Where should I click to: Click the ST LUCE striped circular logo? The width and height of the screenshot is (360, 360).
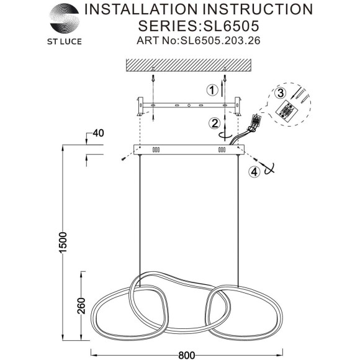pos(65,19)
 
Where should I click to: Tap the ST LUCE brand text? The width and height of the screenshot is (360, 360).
pos(65,42)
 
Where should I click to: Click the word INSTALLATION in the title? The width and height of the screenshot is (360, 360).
pos(141,9)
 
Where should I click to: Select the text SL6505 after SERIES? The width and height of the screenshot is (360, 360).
pos(231,25)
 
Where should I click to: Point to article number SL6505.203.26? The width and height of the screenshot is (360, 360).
pos(220,40)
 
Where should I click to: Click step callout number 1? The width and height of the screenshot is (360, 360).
pos(212,90)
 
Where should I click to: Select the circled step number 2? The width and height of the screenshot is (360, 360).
pos(214,124)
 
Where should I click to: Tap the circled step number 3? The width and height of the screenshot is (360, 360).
pos(281,94)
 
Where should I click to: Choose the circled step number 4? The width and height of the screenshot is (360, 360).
pos(254,172)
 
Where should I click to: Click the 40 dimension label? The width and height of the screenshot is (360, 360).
pos(98,133)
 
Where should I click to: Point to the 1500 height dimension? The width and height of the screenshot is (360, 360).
pos(63,243)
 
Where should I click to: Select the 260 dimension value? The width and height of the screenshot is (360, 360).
pos(81,306)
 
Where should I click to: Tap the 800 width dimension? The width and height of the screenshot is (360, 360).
pos(187,356)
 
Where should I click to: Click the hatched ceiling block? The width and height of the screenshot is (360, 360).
pos(189,65)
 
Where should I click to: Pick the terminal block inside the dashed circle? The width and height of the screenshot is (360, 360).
pos(286,110)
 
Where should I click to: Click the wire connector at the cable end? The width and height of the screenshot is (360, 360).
pos(257,119)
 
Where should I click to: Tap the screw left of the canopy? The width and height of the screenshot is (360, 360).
pos(124,158)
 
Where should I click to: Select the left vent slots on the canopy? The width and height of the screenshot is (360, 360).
pos(156,150)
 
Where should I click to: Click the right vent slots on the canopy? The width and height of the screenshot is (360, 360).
pos(222,150)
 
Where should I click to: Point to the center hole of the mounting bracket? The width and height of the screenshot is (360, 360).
pos(189,106)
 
